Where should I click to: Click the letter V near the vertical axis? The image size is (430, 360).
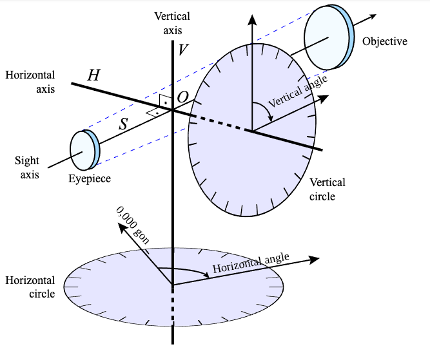tap(184, 49)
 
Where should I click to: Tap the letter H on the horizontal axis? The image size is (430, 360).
tap(93, 75)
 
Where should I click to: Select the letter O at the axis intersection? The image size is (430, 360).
tap(183, 97)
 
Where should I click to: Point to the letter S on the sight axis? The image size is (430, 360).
tap(124, 124)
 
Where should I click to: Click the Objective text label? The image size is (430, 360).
tap(385, 42)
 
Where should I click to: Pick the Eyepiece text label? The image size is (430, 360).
tap(90, 178)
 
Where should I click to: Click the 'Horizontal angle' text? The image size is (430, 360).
tap(251, 263)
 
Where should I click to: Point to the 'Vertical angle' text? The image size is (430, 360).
tap(297, 91)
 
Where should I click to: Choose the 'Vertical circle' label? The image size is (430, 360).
tap(327, 189)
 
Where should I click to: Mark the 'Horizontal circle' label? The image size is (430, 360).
tap(30, 287)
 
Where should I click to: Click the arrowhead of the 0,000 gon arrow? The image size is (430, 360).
tap(120, 227)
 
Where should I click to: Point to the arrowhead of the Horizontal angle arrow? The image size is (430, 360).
tap(315, 259)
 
